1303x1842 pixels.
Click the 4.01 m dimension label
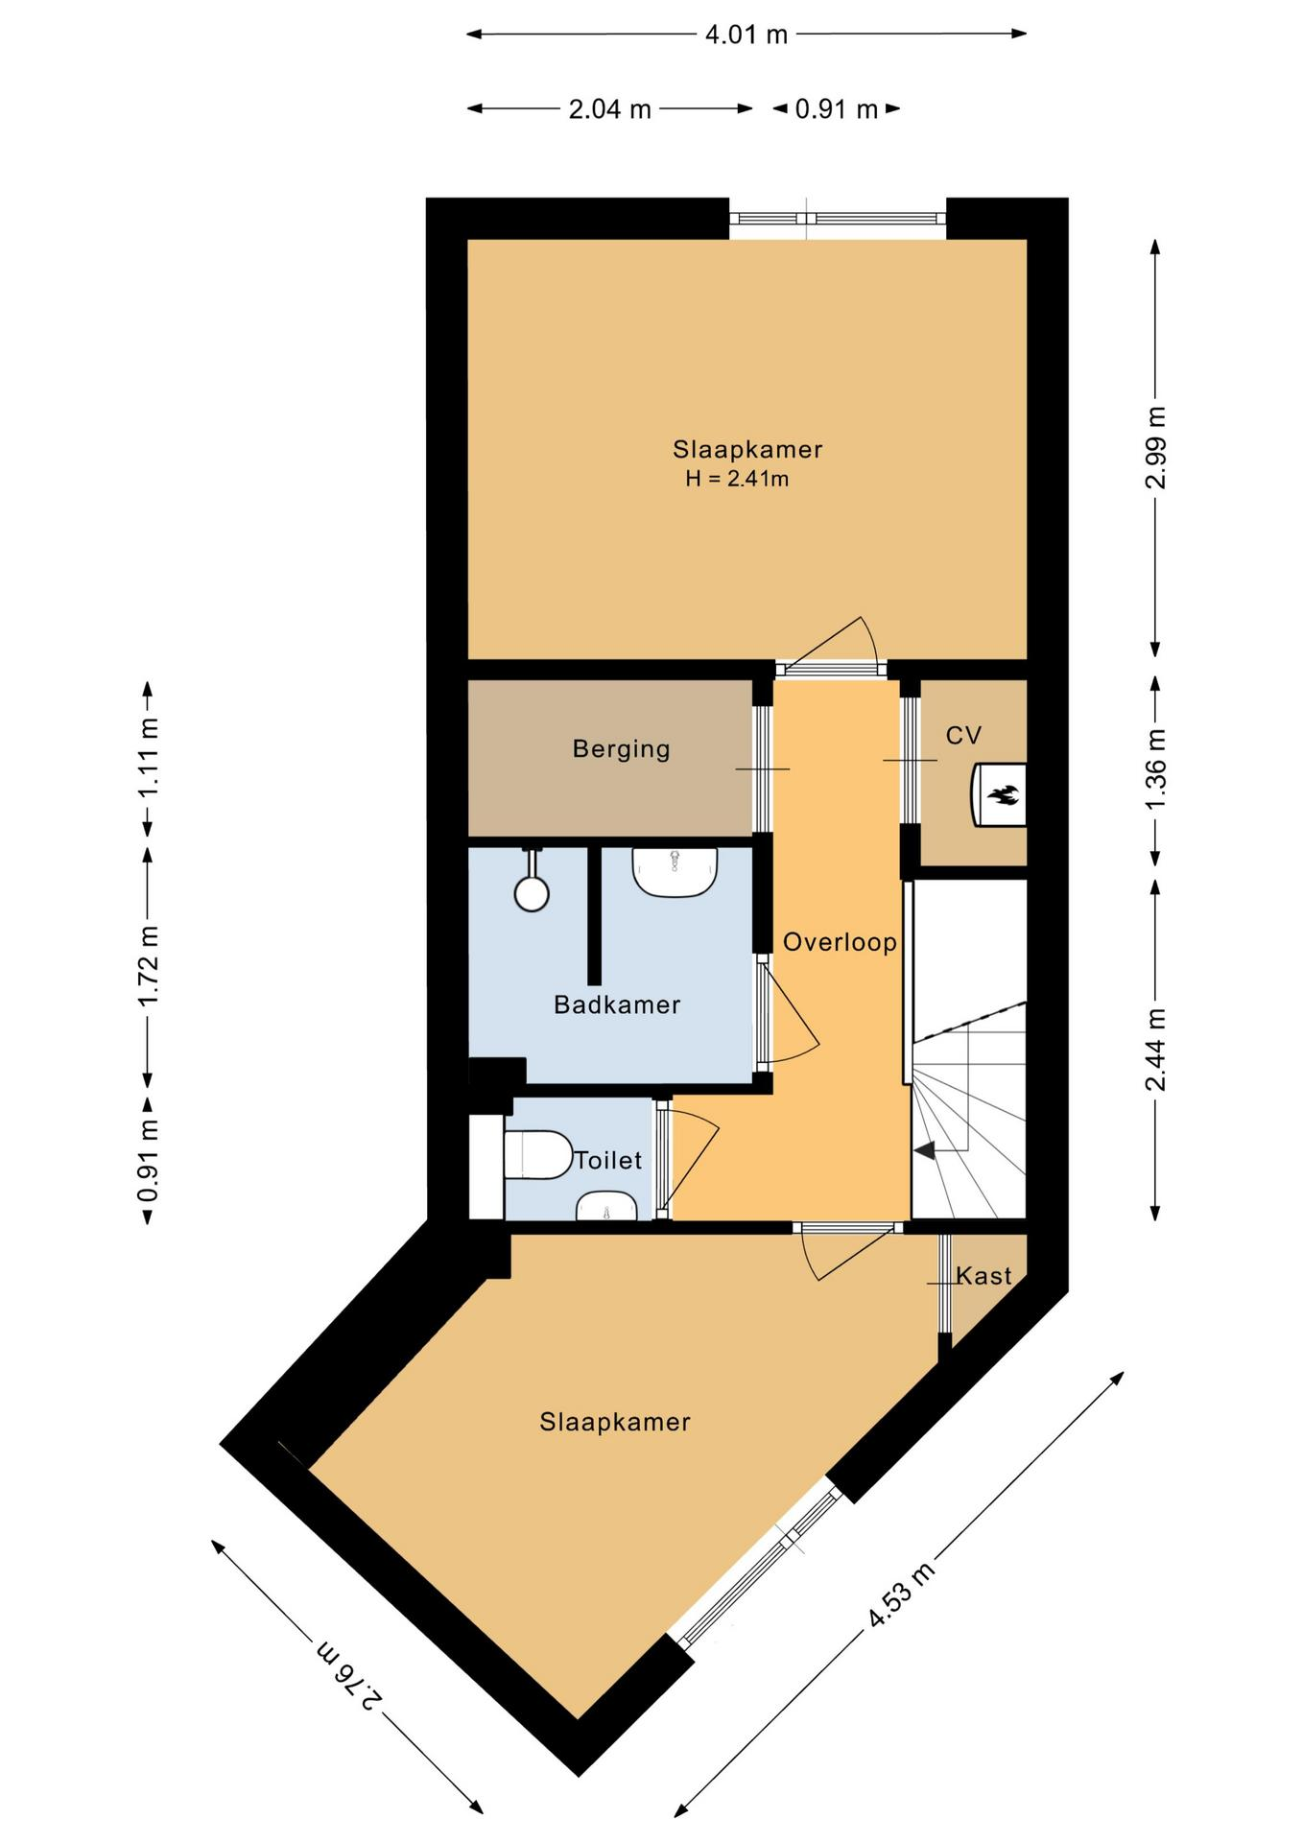click(x=746, y=35)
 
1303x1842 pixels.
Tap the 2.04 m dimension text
click(x=610, y=109)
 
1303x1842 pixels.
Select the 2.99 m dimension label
click(x=1156, y=447)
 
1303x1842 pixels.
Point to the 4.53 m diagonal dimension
click(x=901, y=1595)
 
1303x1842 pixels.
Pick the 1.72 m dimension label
click(x=148, y=966)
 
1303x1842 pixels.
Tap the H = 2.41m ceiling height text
click(x=737, y=479)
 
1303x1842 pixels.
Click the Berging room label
click(x=621, y=749)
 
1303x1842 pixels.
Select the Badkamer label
click(x=617, y=1004)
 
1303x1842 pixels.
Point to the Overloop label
click(x=840, y=942)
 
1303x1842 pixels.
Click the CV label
click(x=963, y=736)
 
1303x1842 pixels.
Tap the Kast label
click(x=983, y=1276)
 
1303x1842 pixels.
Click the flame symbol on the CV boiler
click(x=1005, y=795)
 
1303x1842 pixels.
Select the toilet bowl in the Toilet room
click(x=536, y=1155)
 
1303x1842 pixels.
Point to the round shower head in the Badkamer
click(x=532, y=893)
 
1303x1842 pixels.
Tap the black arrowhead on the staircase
click(x=924, y=1149)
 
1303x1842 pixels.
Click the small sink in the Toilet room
click(x=605, y=1207)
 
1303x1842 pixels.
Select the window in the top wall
click(x=838, y=219)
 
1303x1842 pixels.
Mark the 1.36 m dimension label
click(x=1156, y=769)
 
